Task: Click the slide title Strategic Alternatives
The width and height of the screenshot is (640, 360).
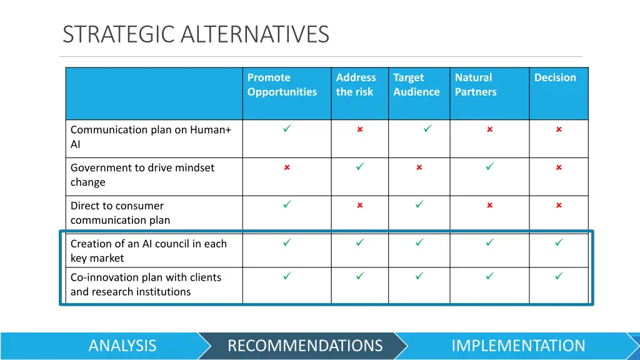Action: tap(196, 34)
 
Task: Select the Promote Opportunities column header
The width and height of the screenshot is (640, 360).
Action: tap(282, 85)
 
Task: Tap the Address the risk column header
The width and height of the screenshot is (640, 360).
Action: tap(356, 85)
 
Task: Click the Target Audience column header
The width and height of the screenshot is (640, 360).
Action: tap(416, 85)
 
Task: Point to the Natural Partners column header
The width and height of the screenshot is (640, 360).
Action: tap(476, 85)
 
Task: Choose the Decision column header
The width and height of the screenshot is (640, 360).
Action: tap(555, 78)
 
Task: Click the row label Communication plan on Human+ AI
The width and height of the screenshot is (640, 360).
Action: tap(151, 137)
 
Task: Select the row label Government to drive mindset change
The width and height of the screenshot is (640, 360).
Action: tap(142, 175)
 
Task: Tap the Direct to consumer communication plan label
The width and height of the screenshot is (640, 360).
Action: tap(120, 213)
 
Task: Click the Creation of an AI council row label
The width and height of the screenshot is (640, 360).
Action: tap(148, 251)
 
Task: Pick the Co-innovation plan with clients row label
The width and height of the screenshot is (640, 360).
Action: tap(146, 284)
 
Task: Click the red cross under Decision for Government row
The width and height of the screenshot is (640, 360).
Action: tap(559, 167)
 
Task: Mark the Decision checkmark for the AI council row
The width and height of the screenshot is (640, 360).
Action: tap(559, 242)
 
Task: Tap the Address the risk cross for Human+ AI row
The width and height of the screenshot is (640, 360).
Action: tap(360, 129)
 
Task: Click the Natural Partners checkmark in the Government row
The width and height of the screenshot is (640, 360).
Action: tap(490, 167)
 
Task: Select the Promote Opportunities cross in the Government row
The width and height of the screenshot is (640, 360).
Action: tap(287, 167)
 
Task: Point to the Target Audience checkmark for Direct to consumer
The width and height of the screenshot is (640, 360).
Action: tap(419, 204)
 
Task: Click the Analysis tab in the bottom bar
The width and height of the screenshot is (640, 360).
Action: tap(122, 346)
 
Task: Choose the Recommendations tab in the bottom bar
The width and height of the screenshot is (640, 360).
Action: tap(305, 346)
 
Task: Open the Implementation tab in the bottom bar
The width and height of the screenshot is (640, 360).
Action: tap(518, 346)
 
